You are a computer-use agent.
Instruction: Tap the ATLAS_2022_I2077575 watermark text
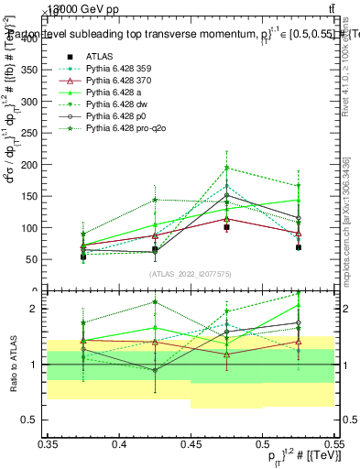coord(191,273)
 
